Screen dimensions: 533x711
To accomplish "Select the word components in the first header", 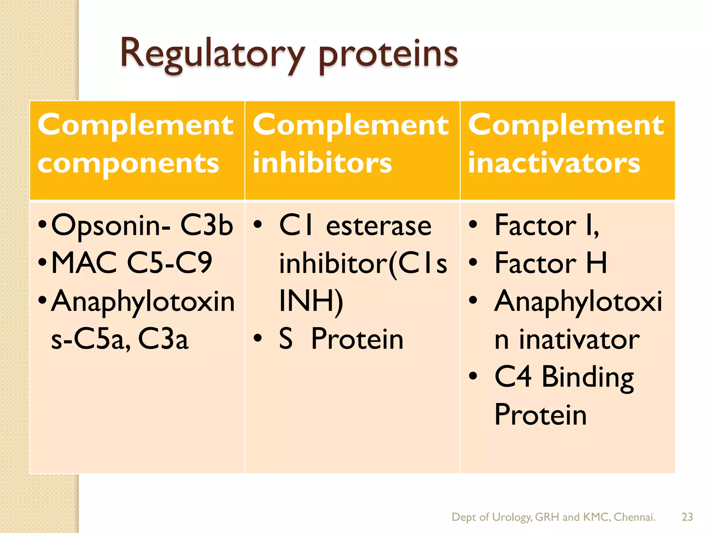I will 128,163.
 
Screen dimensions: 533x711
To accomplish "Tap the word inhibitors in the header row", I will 322,163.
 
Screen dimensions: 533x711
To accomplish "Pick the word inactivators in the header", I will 554,163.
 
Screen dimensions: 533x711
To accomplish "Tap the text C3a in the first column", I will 163,339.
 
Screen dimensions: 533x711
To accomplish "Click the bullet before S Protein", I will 257,338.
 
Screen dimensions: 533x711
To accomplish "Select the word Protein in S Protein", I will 357,339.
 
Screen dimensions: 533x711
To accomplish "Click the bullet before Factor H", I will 473,263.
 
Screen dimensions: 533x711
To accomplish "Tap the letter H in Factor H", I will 596,263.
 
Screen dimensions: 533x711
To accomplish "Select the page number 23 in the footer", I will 687,517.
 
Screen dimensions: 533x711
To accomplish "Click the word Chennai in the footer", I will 634,517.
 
